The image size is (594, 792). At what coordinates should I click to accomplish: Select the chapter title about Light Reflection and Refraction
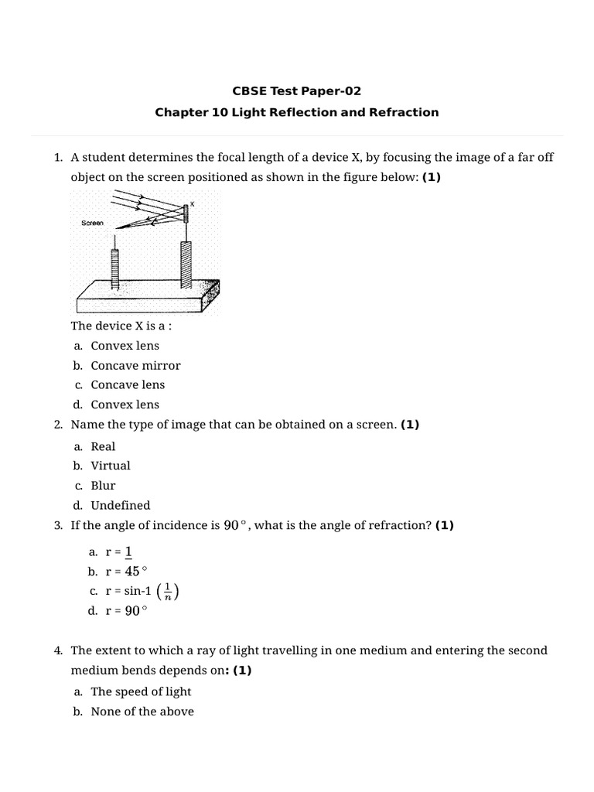pyautogui.click(x=297, y=112)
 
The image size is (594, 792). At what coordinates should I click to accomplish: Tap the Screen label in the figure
pyautogui.click(x=92, y=223)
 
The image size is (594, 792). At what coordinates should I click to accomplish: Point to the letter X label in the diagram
pyautogui.click(x=192, y=203)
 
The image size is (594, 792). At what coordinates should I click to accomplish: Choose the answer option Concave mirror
pyautogui.click(x=135, y=365)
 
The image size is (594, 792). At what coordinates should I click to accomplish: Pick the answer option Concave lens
pyautogui.click(x=128, y=384)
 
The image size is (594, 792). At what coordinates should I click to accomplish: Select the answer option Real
pyautogui.click(x=103, y=446)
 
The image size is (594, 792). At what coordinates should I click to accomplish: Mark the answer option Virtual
pyautogui.click(x=111, y=466)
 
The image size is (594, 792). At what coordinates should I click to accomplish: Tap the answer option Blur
pyautogui.click(x=103, y=486)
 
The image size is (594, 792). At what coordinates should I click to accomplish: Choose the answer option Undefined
pyautogui.click(x=120, y=505)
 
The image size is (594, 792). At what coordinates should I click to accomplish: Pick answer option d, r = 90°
pyautogui.click(x=125, y=611)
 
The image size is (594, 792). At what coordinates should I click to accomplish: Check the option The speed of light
pyautogui.click(x=141, y=691)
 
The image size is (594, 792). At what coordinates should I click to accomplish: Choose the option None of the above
pyautogui.click(x=142, y=711)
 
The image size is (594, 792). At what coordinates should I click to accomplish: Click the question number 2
pyautogui.click(x=58, y=425)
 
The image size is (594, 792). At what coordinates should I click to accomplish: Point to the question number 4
pyautogui.click(x=58, y=650)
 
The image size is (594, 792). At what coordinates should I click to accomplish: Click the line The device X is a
pyautogui.click(x=121, y=326)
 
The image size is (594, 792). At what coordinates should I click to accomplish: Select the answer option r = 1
pyautogui.click(x=119, y=551)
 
